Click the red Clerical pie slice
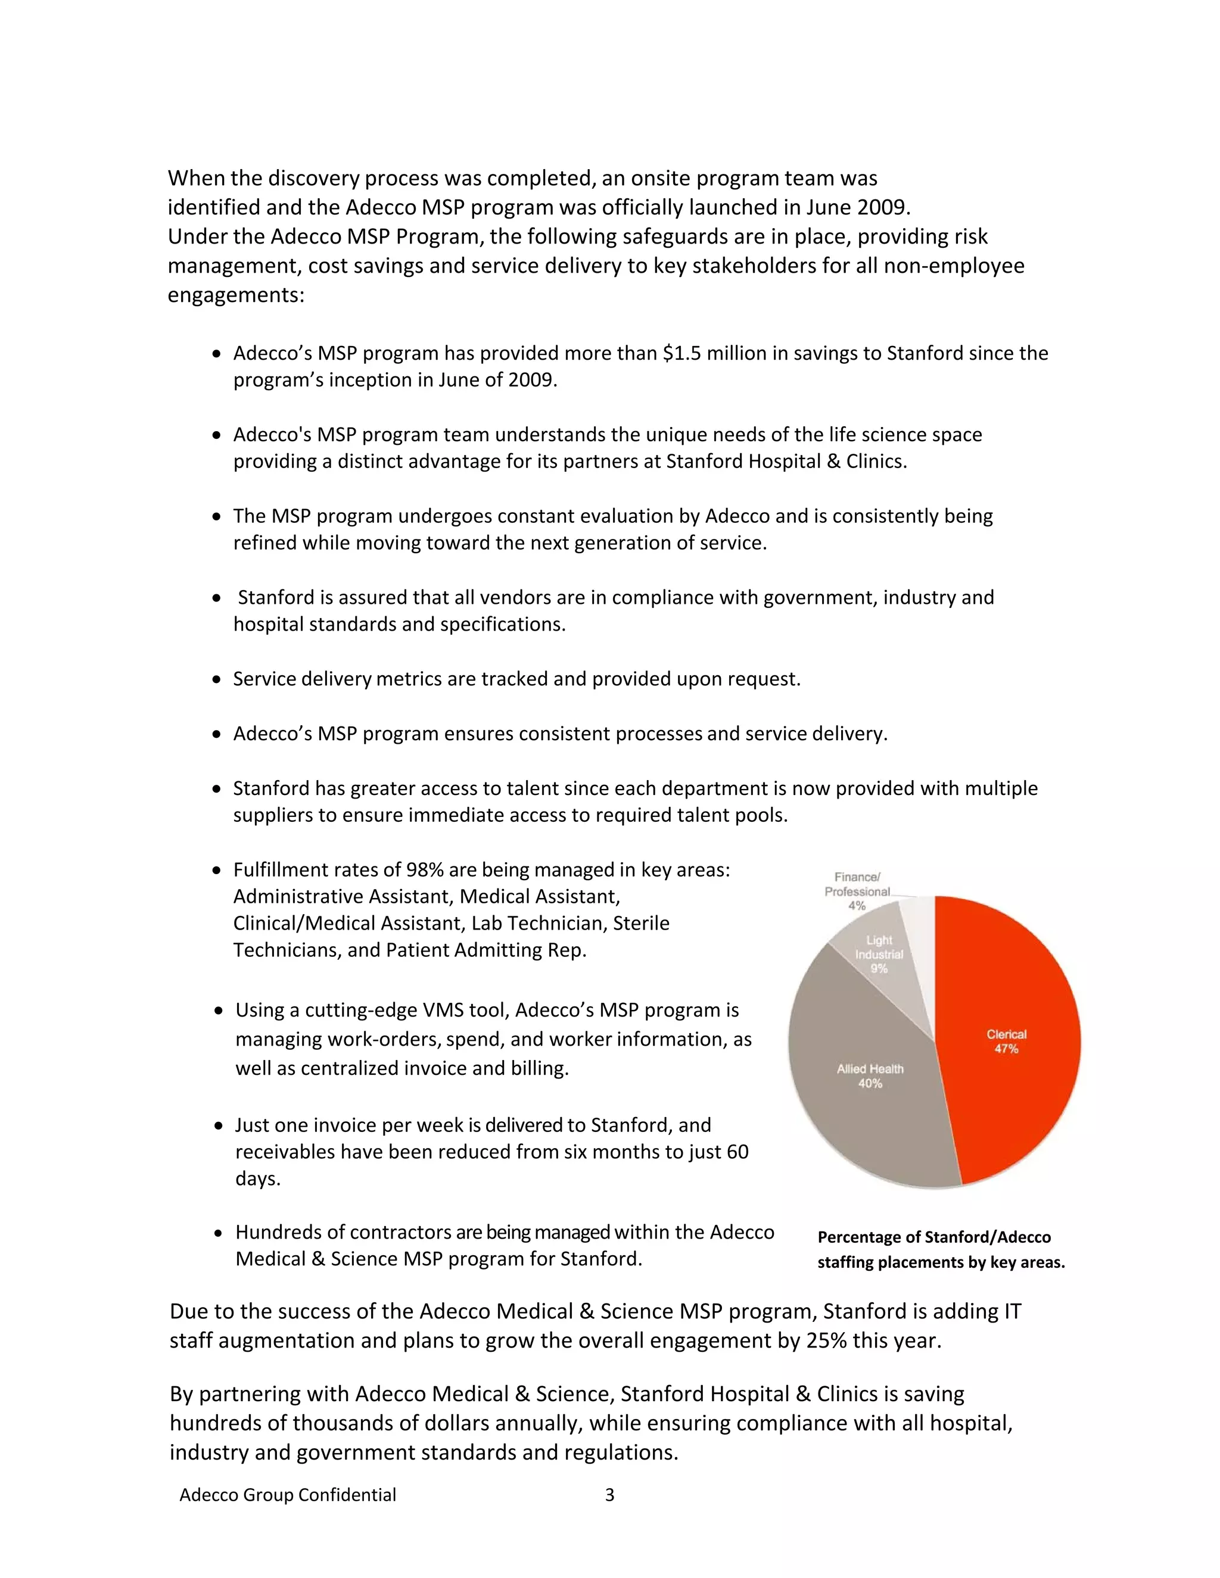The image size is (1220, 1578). (1012, 1040)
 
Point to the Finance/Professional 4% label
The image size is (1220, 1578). (857, 891)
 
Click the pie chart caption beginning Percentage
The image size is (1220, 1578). (940, 1249)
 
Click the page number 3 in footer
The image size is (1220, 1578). (609, 1495)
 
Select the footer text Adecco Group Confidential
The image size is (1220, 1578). (288, 1495)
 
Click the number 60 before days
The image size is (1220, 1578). (737, 1152)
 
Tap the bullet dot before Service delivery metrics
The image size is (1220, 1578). (216, 680)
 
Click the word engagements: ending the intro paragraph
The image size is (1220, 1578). (236, 295)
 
